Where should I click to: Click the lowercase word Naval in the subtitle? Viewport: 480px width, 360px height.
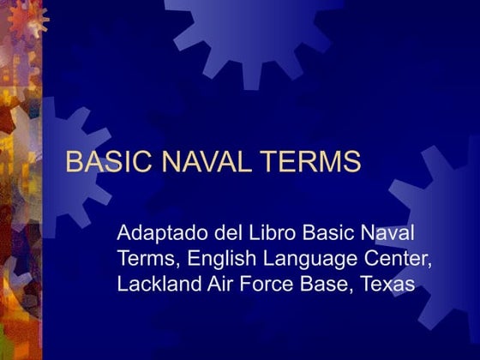click(x=381, y=233)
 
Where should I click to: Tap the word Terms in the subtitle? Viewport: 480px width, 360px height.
click(x=143, y=259)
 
